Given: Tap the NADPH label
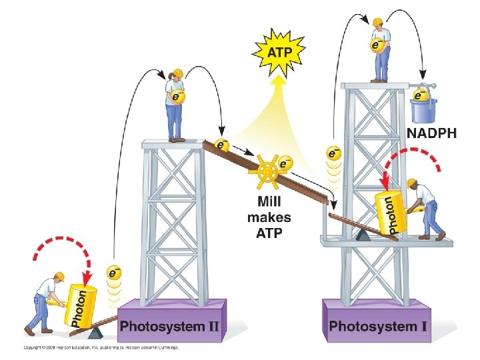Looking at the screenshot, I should [x=431, y=133].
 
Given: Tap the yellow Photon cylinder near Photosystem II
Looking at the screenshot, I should [x=79, y=306].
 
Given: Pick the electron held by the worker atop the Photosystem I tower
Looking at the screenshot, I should [x=377, y=45].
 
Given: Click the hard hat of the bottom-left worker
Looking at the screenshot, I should [x=59, y=275].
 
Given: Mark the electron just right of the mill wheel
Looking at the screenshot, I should [x=285, y=163].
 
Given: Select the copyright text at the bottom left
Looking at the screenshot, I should [x=100, y=347].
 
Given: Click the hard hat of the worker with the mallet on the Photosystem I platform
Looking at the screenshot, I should [x=413, y=183].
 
